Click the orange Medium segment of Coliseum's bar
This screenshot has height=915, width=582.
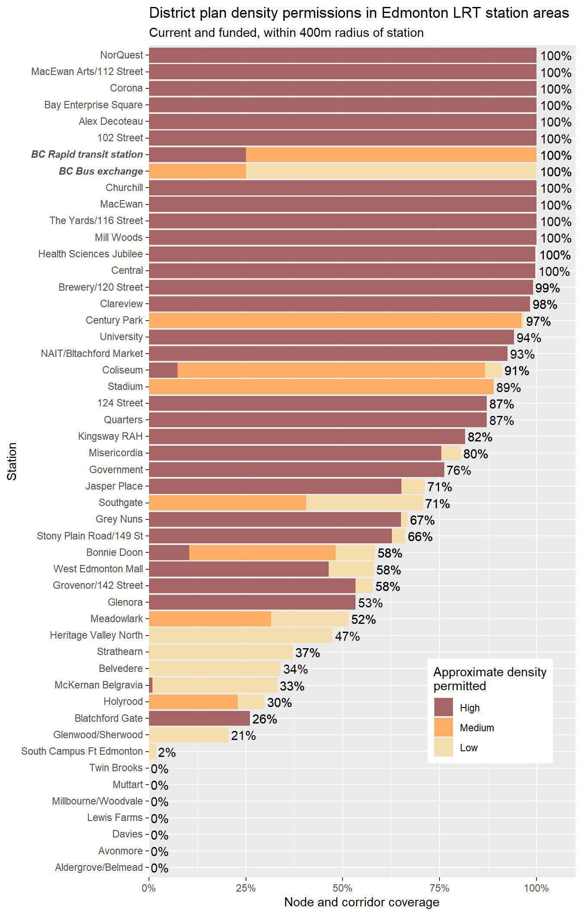tap(331, 370)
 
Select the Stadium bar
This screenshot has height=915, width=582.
tap(321, 387)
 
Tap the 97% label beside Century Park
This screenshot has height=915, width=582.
tap(538, 321)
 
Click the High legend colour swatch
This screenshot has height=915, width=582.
tap(443, 707)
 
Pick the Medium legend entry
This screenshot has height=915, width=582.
tap(476, 728)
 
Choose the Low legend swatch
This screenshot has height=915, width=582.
tap(443, 748)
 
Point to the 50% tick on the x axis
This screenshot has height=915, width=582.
tap(343, 889)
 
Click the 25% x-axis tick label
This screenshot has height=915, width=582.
tap(246, 889)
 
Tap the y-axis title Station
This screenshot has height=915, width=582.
tap(12, 461)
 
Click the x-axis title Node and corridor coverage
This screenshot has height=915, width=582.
tap(362, 902)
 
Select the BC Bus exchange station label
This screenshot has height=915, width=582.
tap(100, 172)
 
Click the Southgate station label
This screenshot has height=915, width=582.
tap(120, 503)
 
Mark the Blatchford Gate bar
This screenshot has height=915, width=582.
tap(199, 718)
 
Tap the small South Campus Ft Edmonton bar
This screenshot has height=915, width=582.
tap(152, 752)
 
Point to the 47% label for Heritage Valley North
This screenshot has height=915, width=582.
tap(347, 636)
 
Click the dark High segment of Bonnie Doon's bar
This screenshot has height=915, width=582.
tap(169, 553)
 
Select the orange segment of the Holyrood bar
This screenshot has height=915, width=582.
tap(193, 702)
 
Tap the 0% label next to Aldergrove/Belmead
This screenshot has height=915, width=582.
tap(160, 868)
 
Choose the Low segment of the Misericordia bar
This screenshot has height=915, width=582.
tap(451, 453)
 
